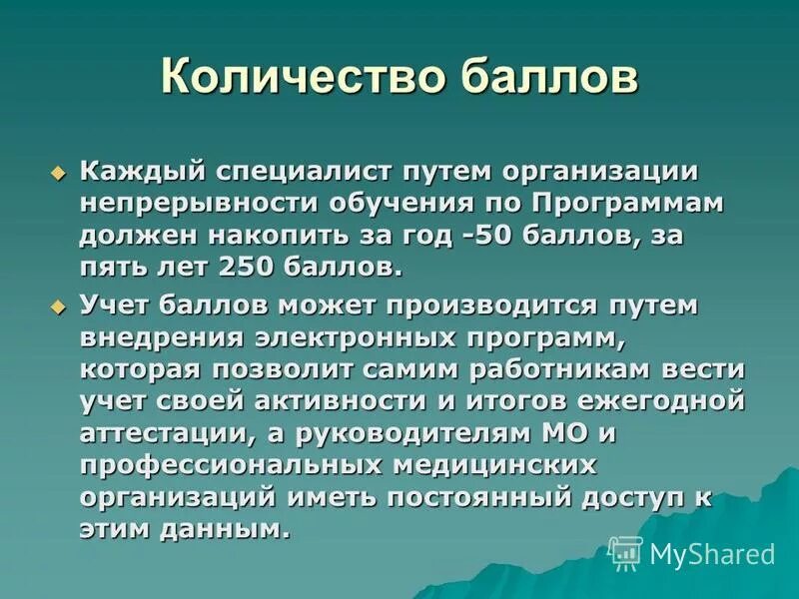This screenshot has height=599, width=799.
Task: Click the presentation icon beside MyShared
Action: click(x=625, y=552)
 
